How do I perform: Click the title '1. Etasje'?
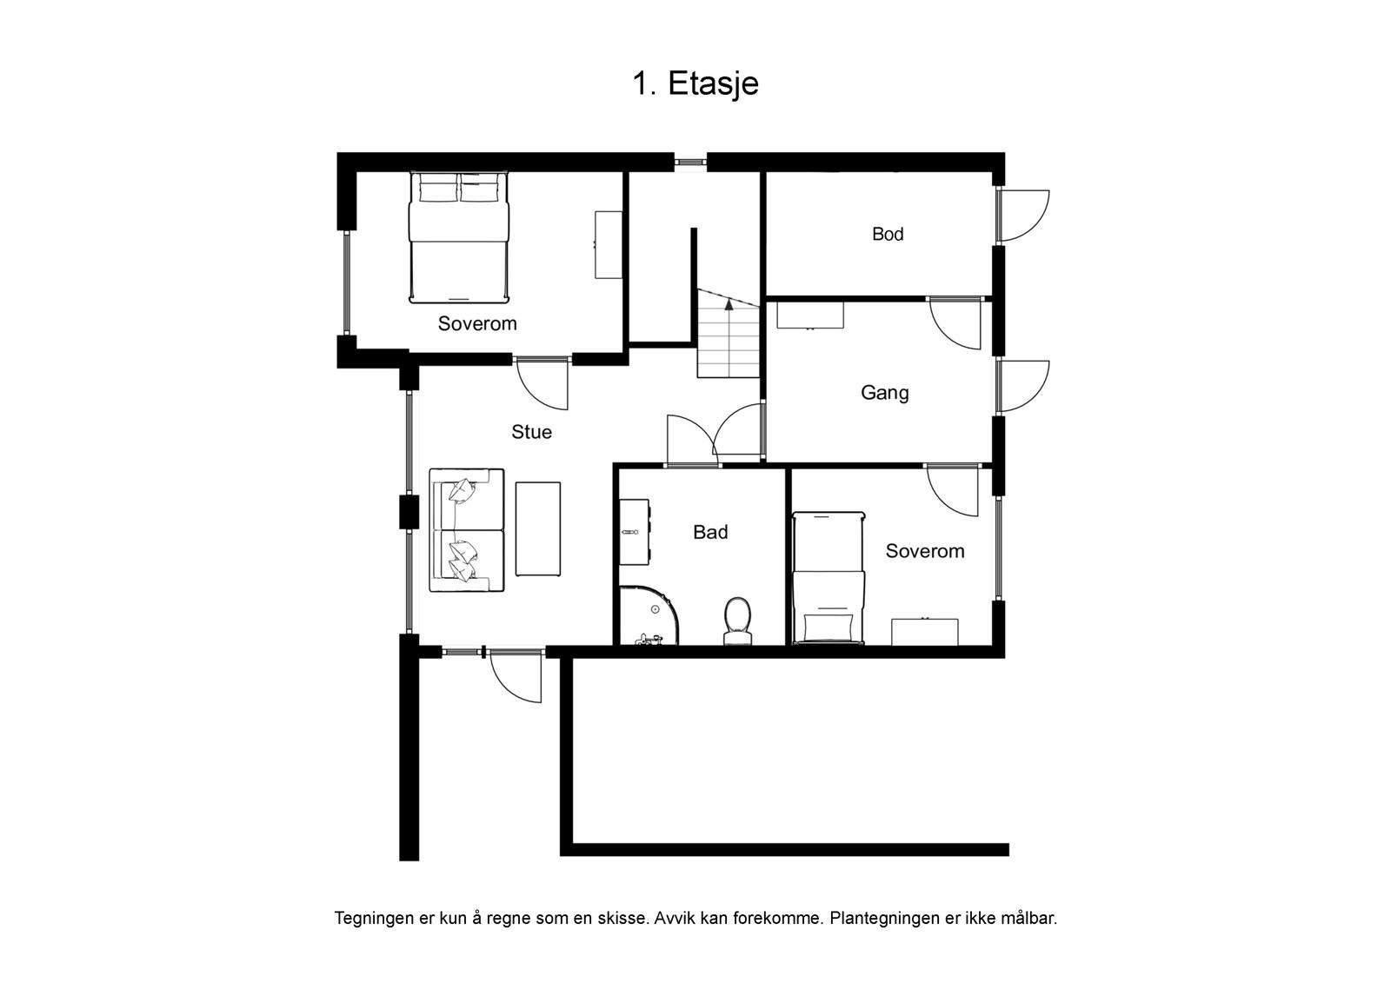[695, 83]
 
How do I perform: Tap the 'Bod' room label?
[888, 234]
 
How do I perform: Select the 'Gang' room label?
[884, 392]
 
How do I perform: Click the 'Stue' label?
[531, 432]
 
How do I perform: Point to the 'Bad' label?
[709, 532]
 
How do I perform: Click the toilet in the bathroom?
[737, 621]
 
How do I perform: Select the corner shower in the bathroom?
[647, 618]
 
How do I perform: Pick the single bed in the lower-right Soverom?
[829, 578]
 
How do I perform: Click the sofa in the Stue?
[467, 530]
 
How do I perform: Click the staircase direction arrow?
[729, 302]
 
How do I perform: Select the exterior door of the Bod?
[1022, 215]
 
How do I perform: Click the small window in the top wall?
[691, 161]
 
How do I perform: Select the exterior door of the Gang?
[1022, 385]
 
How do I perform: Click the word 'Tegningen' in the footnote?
[369, 918]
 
